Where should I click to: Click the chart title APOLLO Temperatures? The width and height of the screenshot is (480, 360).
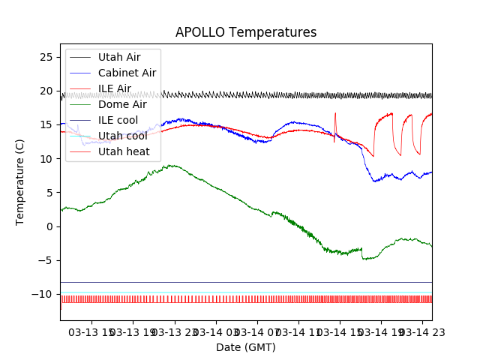246,32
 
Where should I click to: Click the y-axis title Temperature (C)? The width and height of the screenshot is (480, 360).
20,181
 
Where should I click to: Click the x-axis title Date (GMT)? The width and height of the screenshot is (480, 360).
246,347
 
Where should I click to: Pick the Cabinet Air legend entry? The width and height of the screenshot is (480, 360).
127,73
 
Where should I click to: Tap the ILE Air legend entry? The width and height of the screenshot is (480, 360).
114,88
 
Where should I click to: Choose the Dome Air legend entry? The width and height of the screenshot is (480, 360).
122,104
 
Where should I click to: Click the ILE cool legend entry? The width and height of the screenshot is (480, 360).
118,120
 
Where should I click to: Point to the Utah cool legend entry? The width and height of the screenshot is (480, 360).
121,136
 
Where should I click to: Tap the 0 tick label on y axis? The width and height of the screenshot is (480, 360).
49,226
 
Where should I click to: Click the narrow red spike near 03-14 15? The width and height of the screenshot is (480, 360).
335,114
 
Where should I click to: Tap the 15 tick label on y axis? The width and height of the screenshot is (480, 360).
46,124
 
